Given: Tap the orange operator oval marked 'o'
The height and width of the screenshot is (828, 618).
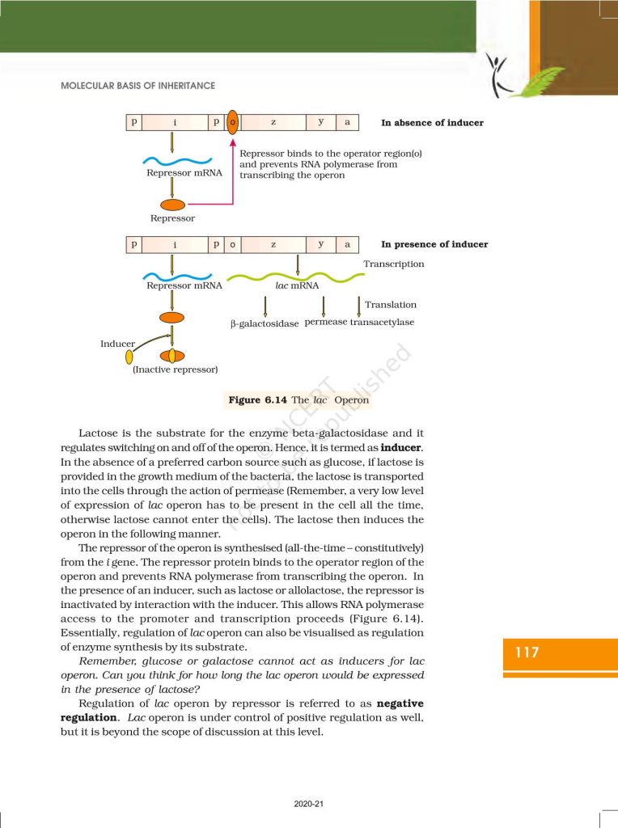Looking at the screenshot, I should tap(233, 122).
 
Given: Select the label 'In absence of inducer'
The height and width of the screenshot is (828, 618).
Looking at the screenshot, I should tap(432, 123).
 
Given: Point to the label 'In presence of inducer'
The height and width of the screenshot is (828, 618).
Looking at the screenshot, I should tap(434, 244).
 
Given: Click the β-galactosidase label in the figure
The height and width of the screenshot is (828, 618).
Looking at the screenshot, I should tap(265, 323).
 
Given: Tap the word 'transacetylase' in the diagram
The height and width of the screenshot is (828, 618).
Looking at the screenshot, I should tap(382, 322).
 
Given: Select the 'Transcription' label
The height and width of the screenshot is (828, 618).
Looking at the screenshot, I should tap(393, 264).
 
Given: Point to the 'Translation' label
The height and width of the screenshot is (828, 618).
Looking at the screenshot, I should tap(391, 305).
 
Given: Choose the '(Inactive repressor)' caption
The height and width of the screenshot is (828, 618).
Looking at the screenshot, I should tap(175, 370).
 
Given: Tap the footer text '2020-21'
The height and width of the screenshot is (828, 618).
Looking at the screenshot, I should tap(308, 804).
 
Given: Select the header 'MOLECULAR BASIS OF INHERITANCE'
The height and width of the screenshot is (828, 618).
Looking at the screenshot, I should tap(138, 86).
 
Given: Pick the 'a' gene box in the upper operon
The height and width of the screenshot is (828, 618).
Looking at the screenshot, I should tap(347, 122).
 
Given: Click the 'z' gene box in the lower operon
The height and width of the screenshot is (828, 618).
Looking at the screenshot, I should tap(273, 243).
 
